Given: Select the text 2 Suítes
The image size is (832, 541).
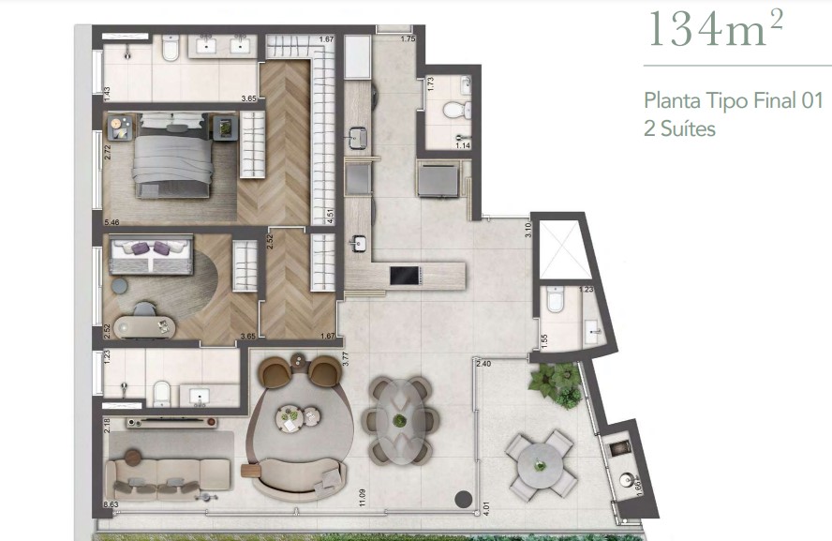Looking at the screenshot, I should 679,128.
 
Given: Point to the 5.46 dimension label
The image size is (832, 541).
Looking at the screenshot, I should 112,222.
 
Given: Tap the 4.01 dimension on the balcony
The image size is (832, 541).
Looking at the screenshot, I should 483,512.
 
